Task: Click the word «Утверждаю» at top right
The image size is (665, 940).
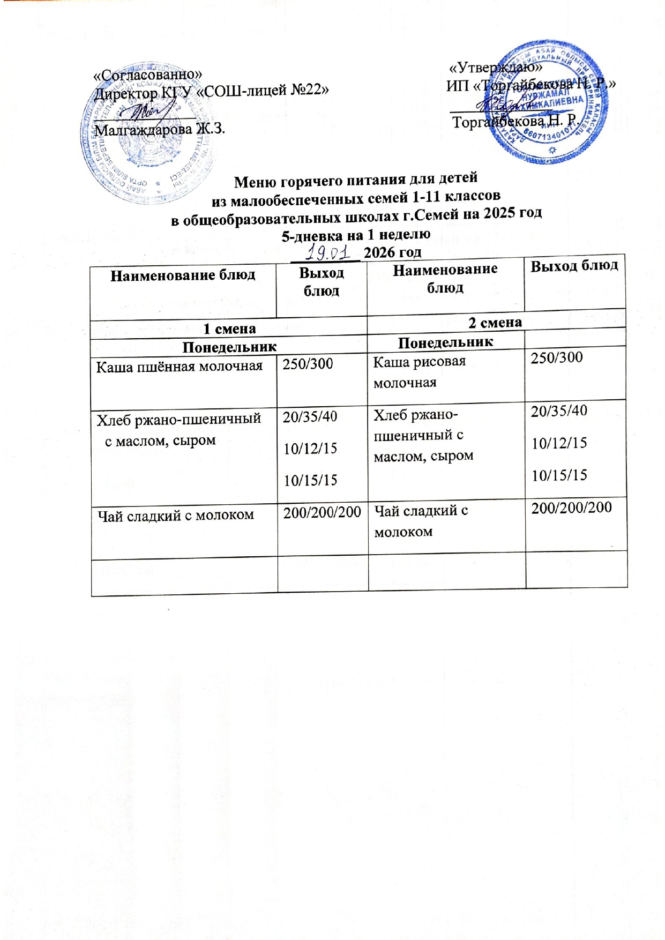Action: coord(495,68)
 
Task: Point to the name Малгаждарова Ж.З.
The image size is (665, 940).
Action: coord(159,129)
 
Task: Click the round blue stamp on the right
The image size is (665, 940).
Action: coord(547,102)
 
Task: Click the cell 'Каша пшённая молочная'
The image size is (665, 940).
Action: coord(179,367)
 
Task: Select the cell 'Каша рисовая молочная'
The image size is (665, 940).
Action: coord(419,371)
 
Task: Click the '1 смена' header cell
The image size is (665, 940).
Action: coord(229,329)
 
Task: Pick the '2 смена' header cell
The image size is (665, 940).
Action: coord(495,322)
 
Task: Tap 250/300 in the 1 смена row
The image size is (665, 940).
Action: coord(308,364)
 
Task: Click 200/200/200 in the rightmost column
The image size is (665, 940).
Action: coord(571,507)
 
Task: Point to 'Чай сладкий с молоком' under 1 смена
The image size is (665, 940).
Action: coord(175,516)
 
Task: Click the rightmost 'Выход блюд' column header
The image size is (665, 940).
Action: coord(574,266)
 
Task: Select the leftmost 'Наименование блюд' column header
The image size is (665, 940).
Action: coord(182,275)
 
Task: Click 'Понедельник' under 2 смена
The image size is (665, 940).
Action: coord(445,342)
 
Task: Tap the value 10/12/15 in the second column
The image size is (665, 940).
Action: coord(310,449)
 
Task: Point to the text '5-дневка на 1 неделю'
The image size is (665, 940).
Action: coord(356,234)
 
